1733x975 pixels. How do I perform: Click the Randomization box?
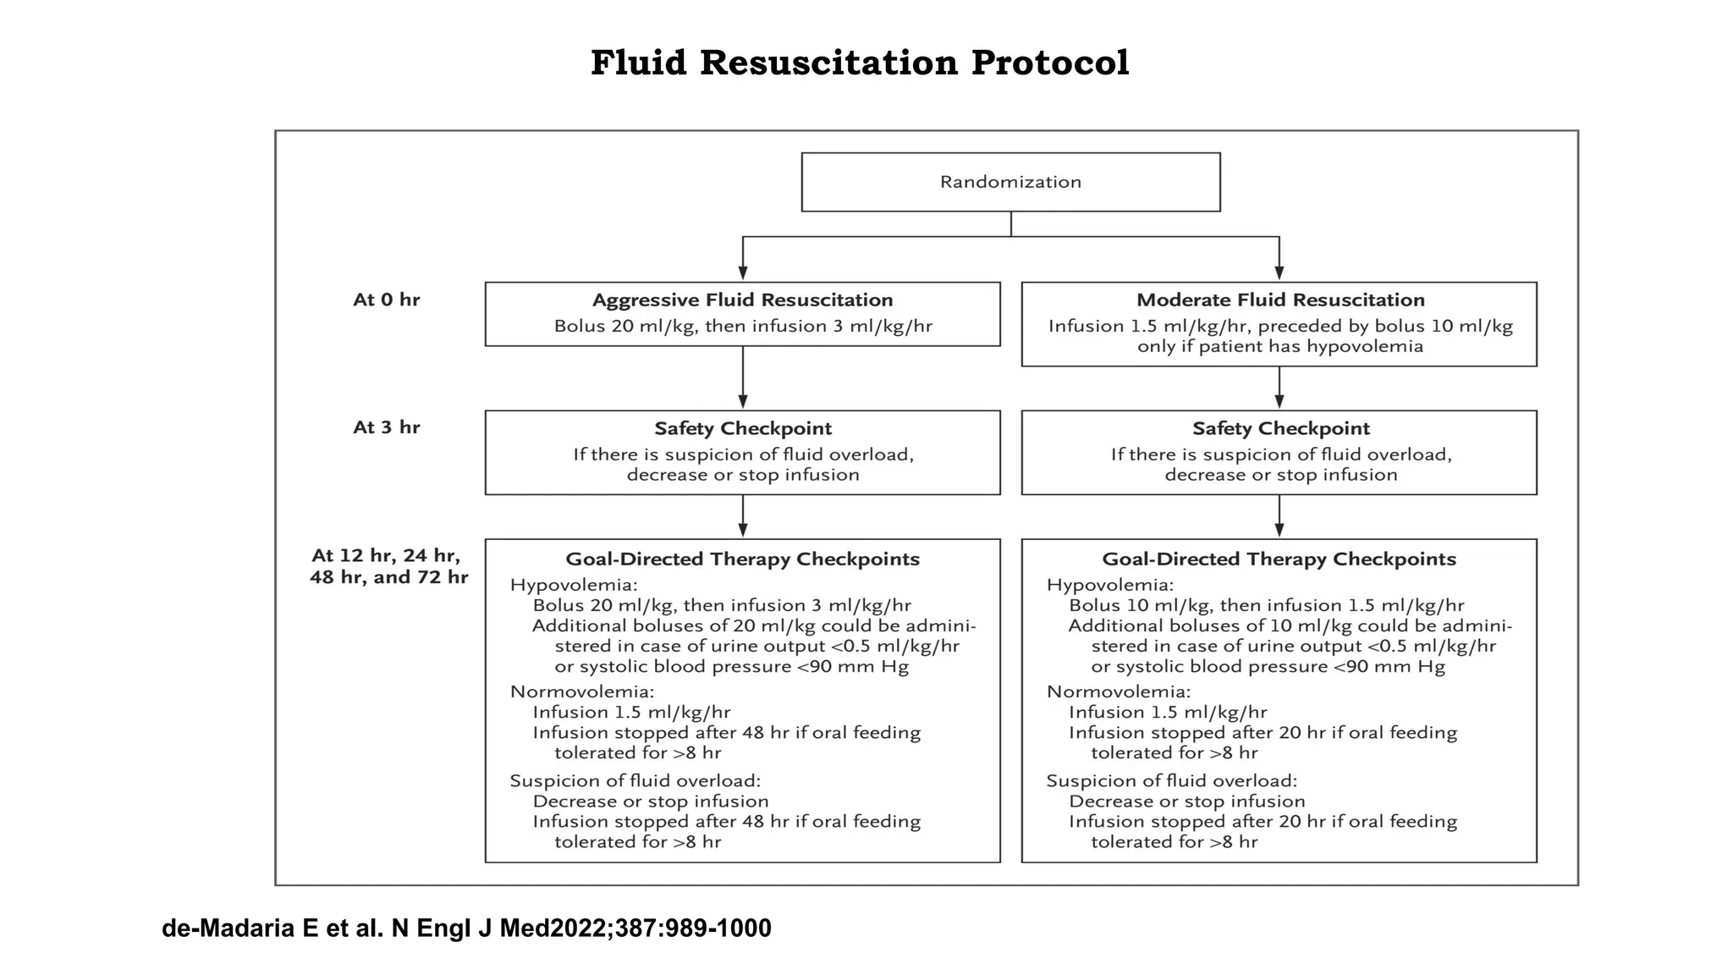(x=1010, y=182)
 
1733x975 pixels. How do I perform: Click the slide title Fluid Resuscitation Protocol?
(x=860, y=63)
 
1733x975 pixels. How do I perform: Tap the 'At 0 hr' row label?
(x=386, y=300)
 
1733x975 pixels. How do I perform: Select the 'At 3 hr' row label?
(x=386, y=427)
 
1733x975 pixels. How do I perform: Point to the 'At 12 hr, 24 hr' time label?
(x=386, y=556)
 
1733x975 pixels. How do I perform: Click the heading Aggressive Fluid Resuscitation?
(x=742, y=300)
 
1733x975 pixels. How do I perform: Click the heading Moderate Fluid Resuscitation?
(x=1279, y=300)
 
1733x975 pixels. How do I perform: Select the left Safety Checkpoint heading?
(x=742, y=428)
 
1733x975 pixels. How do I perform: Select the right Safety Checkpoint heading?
(x=1279, y=428)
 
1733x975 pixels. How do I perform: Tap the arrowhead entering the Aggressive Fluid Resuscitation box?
(x=743, y=273)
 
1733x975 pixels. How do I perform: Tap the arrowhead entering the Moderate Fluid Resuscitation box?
(x=1279, y=273)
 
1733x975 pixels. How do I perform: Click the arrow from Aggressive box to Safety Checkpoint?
(x=743, y=377)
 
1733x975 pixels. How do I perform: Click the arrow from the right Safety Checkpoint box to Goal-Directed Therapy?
(x=1279, y=516)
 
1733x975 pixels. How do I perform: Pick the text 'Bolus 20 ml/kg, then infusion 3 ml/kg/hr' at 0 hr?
(x=742, y=327)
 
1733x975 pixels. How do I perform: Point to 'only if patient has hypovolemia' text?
(x=1279, y=347)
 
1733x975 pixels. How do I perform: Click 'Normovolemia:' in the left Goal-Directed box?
(x=581, y=691)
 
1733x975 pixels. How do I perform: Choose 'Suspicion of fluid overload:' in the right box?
(x=1171, y=780)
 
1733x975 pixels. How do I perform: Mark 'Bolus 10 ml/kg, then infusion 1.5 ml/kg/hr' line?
(x=1266, y=605)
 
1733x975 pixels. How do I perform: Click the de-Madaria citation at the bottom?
(x=466, y=928)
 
